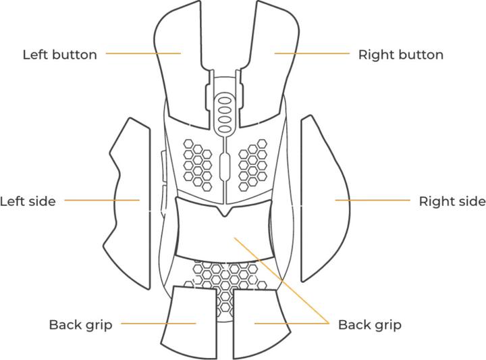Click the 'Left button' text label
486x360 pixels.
coord(60,55)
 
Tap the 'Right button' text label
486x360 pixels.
coord(400,55)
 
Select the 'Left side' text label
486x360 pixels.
coord(28,201)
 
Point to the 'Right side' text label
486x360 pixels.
coord(452,201)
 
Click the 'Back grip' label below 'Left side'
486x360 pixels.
coord(80,324)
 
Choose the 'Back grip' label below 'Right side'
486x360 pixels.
coord(369,324)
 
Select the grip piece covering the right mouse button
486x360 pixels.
coord(270,74)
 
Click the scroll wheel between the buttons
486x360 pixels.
coord(223,111)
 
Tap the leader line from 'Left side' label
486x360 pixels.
coord(101,200)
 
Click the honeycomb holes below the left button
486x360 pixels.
coord(198,163)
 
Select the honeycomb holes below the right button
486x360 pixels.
coord(252,163)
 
